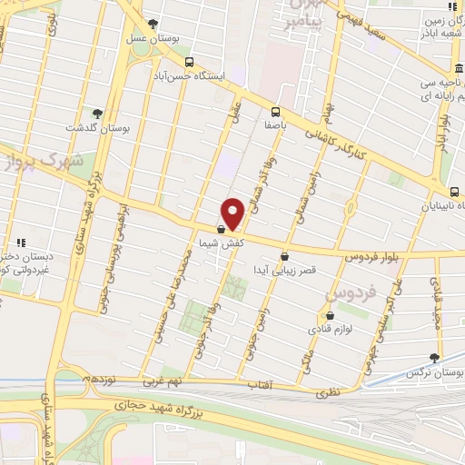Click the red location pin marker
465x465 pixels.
tap(233, 213)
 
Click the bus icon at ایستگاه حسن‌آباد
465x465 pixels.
tap(188, 62)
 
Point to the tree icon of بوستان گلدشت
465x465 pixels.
tap(98, 114)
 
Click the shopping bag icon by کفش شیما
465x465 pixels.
tap(222, 230)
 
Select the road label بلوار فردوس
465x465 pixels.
tap(371, 257)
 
